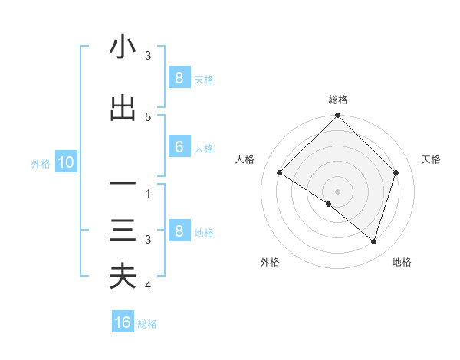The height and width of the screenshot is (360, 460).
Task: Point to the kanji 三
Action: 123,231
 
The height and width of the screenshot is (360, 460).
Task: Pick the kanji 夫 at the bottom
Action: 123,277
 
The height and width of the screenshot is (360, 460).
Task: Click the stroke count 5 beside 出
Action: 148,117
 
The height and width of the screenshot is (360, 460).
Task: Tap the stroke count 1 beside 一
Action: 148,194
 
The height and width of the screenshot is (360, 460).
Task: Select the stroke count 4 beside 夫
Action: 148,286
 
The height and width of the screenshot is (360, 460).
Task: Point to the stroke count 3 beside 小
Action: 148,56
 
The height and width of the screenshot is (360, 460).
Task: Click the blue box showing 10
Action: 65,162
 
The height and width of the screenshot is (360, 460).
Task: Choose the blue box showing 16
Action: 123,322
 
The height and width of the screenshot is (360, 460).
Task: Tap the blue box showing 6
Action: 179,148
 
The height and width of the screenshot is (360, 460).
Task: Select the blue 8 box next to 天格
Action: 179,78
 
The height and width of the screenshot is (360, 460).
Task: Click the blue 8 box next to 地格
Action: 179,232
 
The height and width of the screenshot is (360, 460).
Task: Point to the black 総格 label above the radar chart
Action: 338,100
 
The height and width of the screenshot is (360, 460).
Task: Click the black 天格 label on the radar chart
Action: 432,159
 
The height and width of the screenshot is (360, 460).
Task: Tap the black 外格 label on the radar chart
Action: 270,262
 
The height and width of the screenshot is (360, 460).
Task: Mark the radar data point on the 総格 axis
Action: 338,116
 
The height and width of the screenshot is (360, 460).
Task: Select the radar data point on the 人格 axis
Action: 280,173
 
